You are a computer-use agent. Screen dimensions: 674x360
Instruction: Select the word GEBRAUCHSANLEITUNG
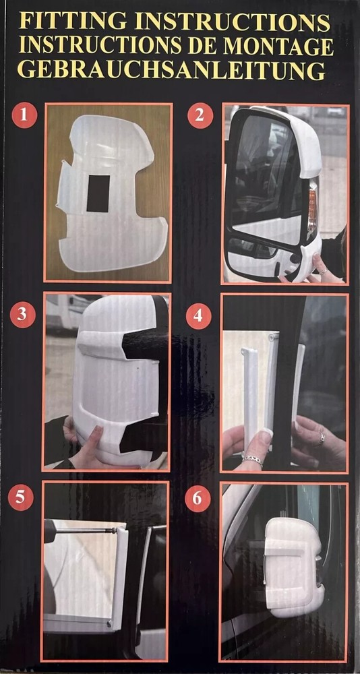[171, 69]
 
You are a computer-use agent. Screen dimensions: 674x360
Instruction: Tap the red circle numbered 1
[24, 115]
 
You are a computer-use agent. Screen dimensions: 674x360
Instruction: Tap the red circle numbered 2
[199, 115]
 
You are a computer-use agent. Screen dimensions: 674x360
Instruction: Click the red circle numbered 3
[24, 314]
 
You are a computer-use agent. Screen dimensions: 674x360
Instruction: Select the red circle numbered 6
[197, 499]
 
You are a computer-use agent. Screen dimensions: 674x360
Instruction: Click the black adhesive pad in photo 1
[98, 193]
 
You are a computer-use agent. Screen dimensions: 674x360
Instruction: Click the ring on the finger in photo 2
[324, 270]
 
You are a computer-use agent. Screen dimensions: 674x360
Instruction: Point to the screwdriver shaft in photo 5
[88, 530]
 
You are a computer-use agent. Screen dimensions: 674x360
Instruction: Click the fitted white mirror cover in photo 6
[293, 566]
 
